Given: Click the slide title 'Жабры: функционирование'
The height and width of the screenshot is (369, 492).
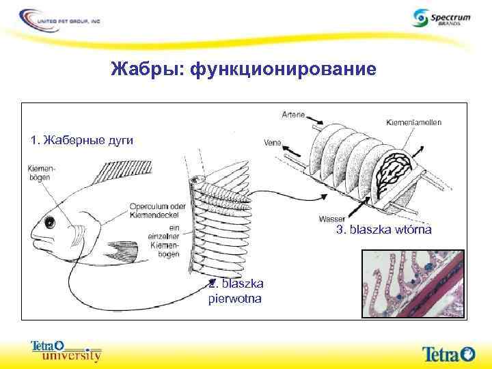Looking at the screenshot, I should pyautogui.click(x=243, y=69).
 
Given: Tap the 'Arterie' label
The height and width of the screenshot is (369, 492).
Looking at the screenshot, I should pyautogui.click(x=292, y=115).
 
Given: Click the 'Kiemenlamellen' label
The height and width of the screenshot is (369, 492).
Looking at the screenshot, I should pyautogui.click(x=413, y=122).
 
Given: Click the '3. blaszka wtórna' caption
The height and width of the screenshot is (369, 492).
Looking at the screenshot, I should pyautogui.click(x=383, y=230).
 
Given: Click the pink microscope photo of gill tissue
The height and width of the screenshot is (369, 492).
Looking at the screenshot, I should pyautogui.click(x=413, y=284).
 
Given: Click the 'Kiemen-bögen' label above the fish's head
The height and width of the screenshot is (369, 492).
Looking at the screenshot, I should pyautogui.click(x=43, y=175).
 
